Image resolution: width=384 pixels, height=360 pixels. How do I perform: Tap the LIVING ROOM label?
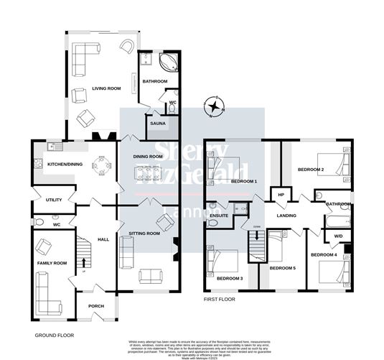[x=106, y=89]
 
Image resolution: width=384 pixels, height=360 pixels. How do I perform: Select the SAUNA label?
[x=158, y=124]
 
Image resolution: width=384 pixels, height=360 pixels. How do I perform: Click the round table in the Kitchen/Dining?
[x=104, y=167]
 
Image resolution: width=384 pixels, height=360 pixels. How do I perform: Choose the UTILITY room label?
[x=53, y=200]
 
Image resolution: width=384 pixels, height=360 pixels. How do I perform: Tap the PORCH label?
[x=96, y=306]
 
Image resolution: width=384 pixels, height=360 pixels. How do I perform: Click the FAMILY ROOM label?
[x=52, y=264]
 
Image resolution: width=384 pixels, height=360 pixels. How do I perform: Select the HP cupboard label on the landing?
[x=281, y=194]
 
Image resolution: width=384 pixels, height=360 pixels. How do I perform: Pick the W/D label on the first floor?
[x=337, y=236]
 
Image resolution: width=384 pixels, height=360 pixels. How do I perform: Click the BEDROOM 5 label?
[x=282, y=268]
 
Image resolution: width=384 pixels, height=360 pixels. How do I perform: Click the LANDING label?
[x=289, y=215]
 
